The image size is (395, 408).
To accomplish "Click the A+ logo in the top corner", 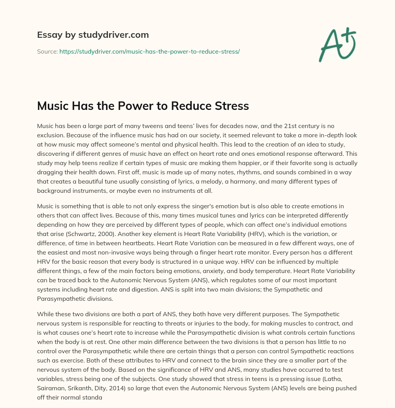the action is coord(337,44).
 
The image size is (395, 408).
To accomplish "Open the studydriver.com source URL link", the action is coord(150,51).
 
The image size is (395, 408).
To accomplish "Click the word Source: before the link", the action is coord(47,51).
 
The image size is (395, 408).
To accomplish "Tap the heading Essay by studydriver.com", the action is coord(93,35).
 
